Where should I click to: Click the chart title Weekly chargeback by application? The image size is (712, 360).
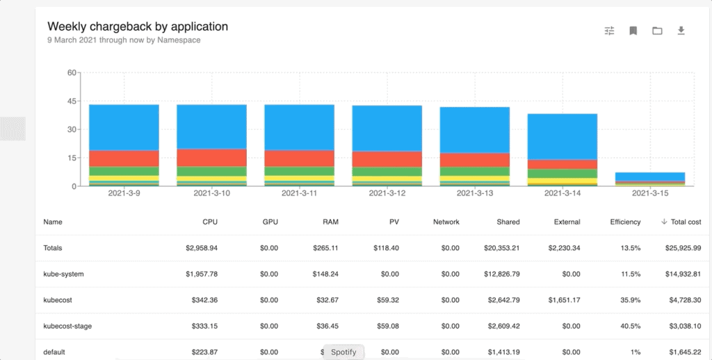coord(138,26)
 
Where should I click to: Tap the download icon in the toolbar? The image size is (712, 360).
coord(681,31)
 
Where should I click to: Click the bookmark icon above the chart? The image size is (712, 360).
coord(633,31)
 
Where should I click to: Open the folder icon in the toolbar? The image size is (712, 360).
coord(657,31)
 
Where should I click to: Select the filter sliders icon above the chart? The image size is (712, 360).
coord(610,31)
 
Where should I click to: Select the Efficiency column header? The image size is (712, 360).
coord(625,222)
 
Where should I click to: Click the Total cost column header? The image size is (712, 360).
coord(686,222)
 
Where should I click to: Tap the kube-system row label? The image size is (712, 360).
coord(63,274)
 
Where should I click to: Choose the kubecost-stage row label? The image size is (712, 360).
coord(68,326)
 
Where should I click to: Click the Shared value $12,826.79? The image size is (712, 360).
coord(498,274)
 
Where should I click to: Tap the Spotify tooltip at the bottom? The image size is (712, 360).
coord(343,352)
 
